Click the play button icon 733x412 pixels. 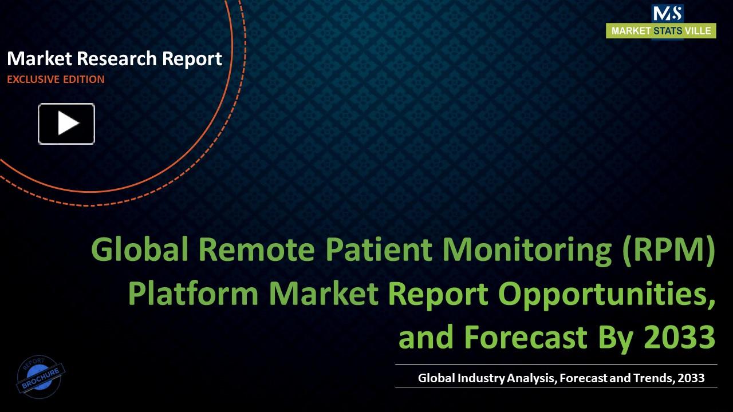(x=66, y=124)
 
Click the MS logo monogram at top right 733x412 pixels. (x=667, y=13)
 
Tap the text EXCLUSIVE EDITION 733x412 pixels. (x=56, y=80)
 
